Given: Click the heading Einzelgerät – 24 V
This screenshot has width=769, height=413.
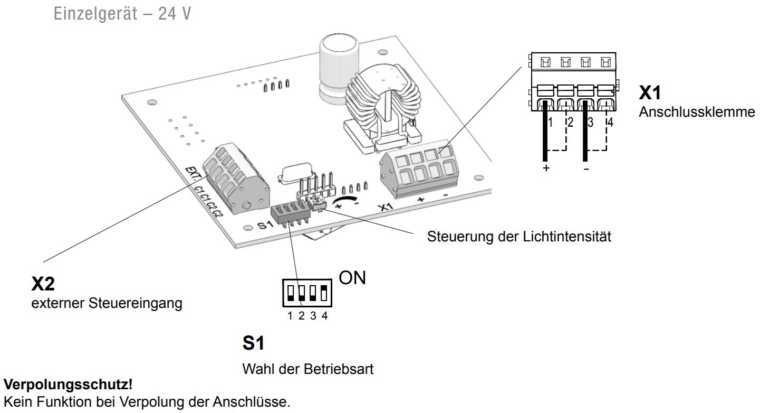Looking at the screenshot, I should pyautogui.click(x=122, y=14).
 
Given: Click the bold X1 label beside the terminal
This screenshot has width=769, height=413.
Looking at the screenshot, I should pyautogui.click(x=650, y=93).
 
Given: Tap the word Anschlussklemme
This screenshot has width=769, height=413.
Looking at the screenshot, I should pyautogui.click(x=697, y=112).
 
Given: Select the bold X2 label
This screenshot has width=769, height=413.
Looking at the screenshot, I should pyautogui.click(x=43, y=285).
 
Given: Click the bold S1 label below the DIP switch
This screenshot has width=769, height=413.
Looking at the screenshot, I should pyautogui.click(x=253, y=343).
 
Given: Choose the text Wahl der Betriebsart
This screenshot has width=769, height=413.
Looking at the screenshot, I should pyautogui.click(x=307, y=369).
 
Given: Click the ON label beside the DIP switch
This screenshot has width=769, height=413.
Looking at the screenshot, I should pyautogui.click(x=352, y=278).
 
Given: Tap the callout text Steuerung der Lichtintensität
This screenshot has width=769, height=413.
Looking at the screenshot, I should pyautogui.click(x=519, y=236).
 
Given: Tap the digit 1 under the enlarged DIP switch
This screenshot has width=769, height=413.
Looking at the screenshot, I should pyautogui.click(x=290, y=316).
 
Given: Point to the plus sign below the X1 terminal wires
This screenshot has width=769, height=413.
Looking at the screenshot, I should pyautogui.click(x=546, y=168).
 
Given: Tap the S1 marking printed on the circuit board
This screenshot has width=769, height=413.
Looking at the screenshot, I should pyautogui.click(x=265, y=226).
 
